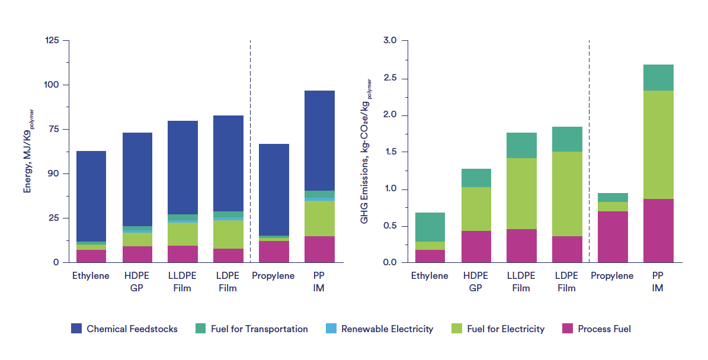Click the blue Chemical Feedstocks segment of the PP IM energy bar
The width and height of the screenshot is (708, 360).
tap(319, 140)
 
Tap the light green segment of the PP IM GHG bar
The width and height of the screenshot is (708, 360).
tap(658, 144)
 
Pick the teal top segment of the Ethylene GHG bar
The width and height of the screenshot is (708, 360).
tap(430, 227)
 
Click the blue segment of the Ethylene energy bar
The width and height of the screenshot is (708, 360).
tap(91, 196)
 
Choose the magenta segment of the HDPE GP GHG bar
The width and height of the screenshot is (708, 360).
tap(476, 246)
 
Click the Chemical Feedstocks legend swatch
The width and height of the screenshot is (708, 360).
tap(76, 329)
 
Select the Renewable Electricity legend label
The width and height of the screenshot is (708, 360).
tap(387, 329)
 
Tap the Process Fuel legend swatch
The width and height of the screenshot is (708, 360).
tap(567, 329)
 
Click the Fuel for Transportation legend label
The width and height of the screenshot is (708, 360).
tap(259, 329)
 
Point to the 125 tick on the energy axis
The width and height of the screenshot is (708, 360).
tap(52, 40)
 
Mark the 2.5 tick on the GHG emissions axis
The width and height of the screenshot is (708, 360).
tap(392, 78)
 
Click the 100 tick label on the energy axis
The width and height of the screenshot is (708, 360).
tap(52, 85)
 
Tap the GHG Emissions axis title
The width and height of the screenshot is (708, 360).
tap(365, 151)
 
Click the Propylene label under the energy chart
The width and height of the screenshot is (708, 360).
tap(273, 276)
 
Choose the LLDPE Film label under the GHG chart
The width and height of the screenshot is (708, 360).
tap(521, 282)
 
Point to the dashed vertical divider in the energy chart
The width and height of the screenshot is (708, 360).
tap(250, 148)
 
